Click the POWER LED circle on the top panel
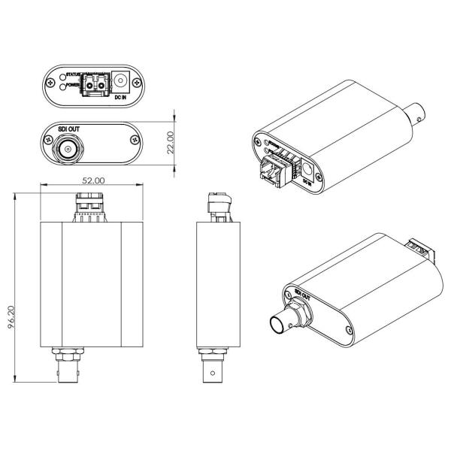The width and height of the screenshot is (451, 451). pyautogui.click(x=61, y=86)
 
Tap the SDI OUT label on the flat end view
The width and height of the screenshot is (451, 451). pyautogui.click(x=68, y=129)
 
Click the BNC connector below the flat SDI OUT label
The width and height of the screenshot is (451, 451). pyautogui.click(x=68, y=149)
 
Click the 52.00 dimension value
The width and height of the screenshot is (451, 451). pyautogui.click(x=93, y=180)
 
